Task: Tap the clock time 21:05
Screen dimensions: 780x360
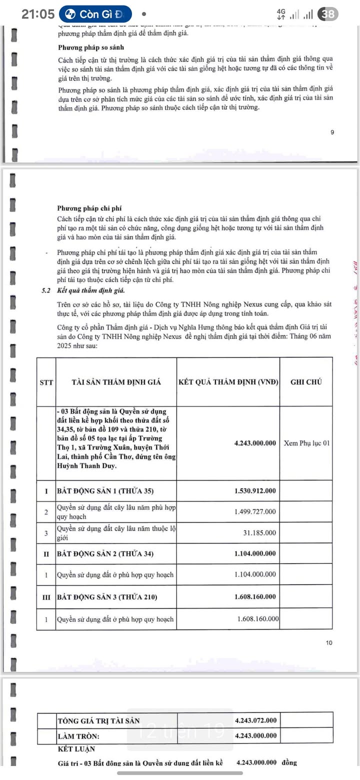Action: click(x=38, y=14)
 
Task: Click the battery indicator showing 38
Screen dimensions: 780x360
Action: click(x=328, y=14)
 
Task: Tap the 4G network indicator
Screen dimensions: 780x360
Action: click(x=281, y=14)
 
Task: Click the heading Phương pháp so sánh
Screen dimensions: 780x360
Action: click(x=83, y=47)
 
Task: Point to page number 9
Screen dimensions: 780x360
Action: click(x=332, y=132)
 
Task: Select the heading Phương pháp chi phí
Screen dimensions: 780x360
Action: click(x=82, y=208)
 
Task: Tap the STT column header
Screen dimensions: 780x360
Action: click(x=46, y=382)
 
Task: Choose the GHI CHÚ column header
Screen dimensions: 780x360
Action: click(x=306, y=382)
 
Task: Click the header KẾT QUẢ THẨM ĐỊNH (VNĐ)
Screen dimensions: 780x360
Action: click(x=228, y=382)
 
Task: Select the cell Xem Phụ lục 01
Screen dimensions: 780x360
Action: click(x=306, y=443)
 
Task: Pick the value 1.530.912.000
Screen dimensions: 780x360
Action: click(x=255, y=491)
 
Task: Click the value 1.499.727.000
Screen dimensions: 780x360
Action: click(x=255, y=511)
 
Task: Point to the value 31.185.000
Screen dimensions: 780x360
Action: click(x=259, y=533)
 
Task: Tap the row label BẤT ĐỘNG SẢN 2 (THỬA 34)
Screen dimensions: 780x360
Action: click(x=105, y=553)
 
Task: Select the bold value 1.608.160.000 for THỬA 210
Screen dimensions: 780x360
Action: click(x=255, y=597)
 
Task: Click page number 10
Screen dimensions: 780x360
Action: click(x=328, y=643)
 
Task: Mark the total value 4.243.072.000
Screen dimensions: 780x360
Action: click(x=255, y=720)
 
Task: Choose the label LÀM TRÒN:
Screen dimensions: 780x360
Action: click(x=78, y=736)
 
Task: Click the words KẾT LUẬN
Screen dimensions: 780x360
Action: click(x=76, y=749)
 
